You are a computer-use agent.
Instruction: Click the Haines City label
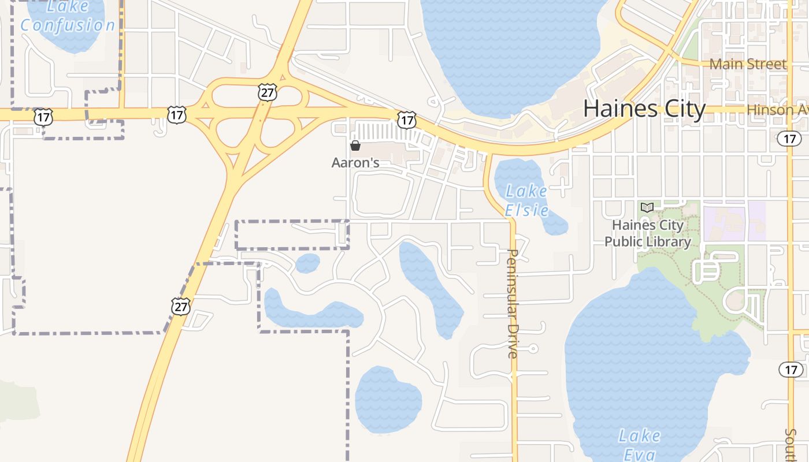coord(644,109)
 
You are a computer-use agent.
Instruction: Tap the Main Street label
coord(748,64)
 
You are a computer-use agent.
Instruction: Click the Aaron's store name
coord(355,163)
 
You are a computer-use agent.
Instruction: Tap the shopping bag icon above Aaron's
coord(355,146)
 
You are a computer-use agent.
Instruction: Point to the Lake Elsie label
coord(526,200)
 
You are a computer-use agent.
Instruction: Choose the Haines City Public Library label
coord(648,233)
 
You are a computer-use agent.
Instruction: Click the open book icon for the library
coord(647,207)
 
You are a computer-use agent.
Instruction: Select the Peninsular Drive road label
coord(513,303)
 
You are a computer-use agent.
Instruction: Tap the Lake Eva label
coord(640,444)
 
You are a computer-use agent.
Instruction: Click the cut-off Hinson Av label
coord(777,109)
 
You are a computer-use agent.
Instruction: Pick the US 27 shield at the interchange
coord(268,92)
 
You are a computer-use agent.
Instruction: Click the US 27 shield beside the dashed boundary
coord(181,306)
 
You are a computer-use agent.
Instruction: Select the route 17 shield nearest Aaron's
coord(407,120)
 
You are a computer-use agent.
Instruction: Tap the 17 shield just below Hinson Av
coord(789,138)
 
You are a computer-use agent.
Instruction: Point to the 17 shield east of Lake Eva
coord(791,369)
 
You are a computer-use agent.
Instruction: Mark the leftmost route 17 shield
coord(43,117)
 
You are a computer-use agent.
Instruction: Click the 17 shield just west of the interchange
coord(176,114)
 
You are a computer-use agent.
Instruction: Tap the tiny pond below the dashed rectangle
coord(307,263)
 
